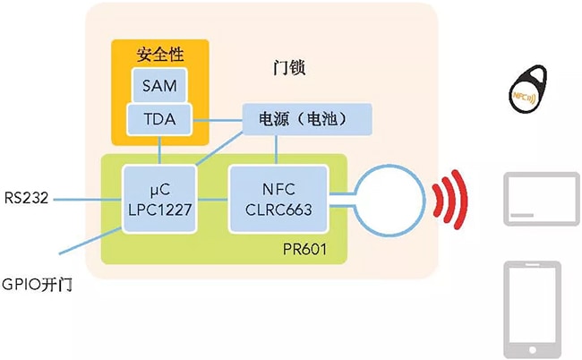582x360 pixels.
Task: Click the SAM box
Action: pyautogui.click(x=159, y=86)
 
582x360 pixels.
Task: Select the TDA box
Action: pyautogui.click(x=159, y=118)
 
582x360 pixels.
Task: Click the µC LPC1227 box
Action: pyautogui.click(x=159, y=198)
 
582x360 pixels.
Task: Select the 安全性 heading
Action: pyautogui.click(x=159, y=53)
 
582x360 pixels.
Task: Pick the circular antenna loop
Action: pyautogui.click(x=387, y=198)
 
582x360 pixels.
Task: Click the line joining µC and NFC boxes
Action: pyautogui.click(x=212, y=198)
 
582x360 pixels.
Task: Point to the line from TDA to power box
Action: pyautogui.click(x=219, y=118)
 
